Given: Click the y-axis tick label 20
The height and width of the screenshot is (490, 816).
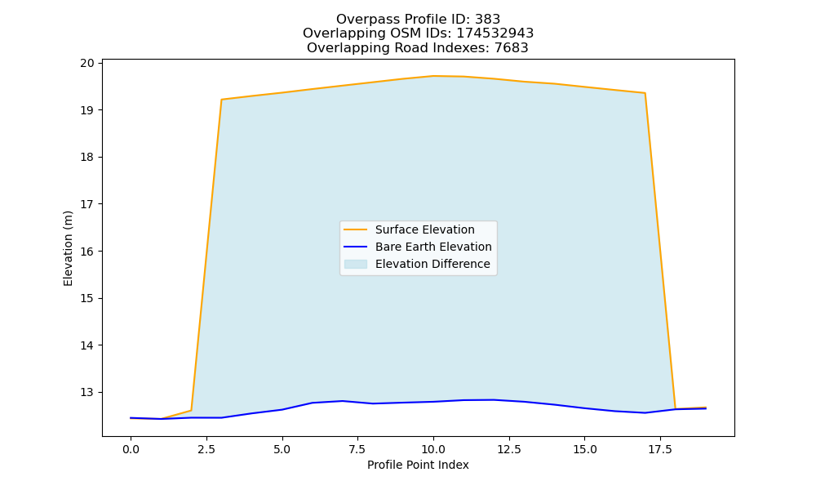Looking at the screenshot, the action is [x=87, y=64].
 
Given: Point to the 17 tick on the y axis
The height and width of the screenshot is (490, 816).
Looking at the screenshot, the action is [x=87, y=204].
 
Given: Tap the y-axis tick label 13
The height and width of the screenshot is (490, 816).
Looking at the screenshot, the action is [x=87, y=392].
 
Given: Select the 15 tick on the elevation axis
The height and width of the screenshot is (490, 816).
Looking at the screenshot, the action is [x=87, y=298].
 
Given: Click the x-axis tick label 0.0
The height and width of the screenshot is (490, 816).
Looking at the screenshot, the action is [x=131, y=449].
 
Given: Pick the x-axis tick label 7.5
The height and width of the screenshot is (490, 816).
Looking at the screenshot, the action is [x=357, y=449].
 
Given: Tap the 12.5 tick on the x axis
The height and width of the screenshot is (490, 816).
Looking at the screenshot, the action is [x=509, y=449].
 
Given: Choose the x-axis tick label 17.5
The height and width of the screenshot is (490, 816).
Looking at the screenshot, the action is [x=660, y=449].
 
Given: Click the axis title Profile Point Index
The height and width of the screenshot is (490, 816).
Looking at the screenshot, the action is [x=418, y=465].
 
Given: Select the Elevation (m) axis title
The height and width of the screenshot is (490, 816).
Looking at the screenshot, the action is [x=69, y=248].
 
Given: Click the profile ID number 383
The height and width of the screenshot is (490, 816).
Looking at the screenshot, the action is [x=488, y=20].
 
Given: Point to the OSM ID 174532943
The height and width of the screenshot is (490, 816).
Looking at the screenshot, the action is [x=495, y=33].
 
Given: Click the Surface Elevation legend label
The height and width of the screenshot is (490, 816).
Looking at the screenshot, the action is [x=424, y=229].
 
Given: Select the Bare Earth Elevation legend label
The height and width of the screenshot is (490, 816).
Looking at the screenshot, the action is [x=433, y=247].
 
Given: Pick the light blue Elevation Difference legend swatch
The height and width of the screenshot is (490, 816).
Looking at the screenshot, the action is [x=356, y=264].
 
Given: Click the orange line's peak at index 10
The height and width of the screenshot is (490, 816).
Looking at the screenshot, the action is [x=433, y=76].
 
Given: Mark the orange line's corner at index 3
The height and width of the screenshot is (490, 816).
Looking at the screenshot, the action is [x=222, y=100].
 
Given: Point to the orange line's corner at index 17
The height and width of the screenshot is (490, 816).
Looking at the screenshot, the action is [x=645, y=93].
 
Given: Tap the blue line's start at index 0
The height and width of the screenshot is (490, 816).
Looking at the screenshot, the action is [x=131, y=417].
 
